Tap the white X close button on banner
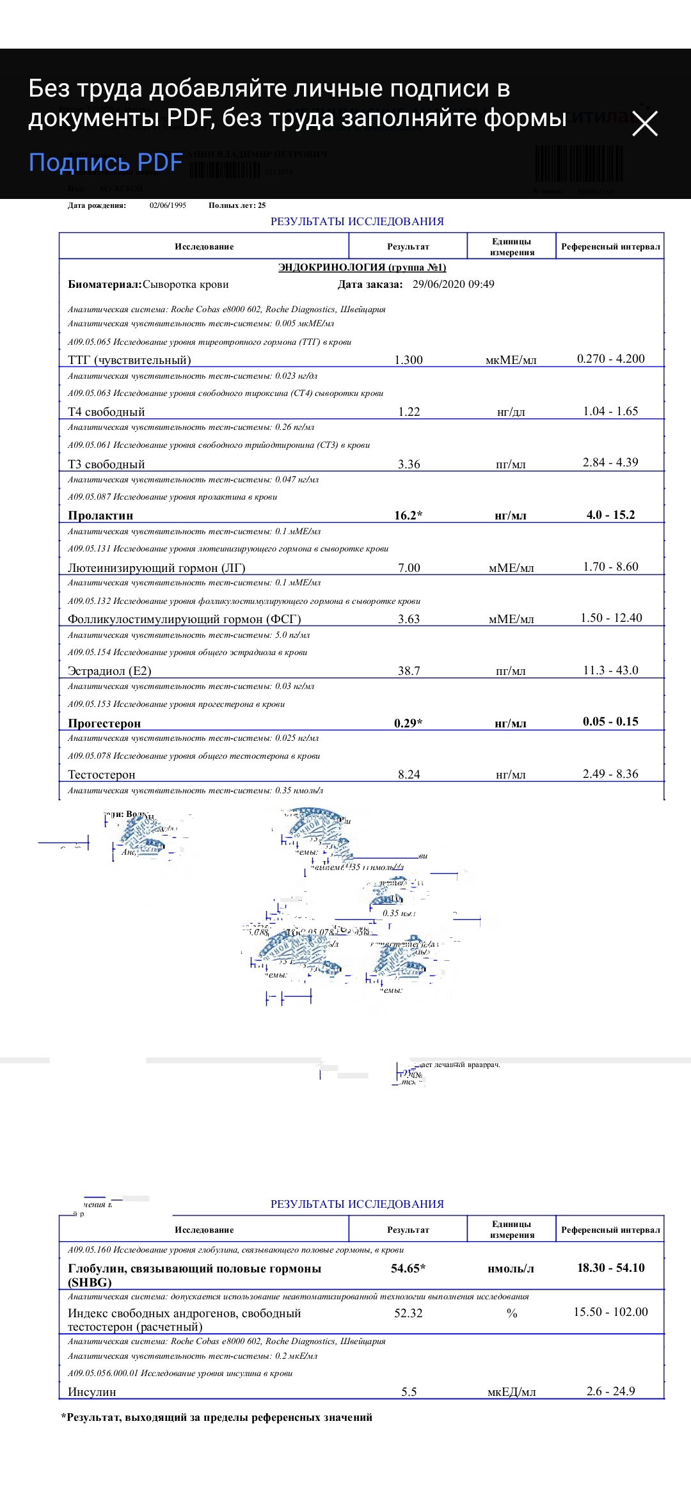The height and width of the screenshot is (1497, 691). pos(644,123)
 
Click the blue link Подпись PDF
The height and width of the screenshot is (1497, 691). pos(106,162)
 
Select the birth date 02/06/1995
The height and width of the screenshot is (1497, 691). pos(168,205)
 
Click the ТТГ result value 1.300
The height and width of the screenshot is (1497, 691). pos(408,360)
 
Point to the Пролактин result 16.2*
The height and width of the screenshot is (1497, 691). pos(408,515)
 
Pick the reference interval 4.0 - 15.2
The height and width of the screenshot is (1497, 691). pos(610,514)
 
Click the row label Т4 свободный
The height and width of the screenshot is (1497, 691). pos(106,411)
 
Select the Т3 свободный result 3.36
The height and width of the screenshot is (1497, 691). pos(409,464)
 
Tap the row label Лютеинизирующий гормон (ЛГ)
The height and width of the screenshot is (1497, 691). pos(157,567)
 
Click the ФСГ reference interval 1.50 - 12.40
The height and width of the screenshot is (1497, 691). pos(611,617)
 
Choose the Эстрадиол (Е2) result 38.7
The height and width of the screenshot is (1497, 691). pos(409,670)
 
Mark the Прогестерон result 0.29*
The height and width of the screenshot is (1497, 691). pos(408,723)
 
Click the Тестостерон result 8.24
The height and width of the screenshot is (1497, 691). pos(409,774)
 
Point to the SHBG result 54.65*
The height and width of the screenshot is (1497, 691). pos(408,1268)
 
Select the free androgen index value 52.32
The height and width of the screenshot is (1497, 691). pos(408,1313)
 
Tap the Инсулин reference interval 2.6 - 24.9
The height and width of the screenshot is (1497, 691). pos(610,1391)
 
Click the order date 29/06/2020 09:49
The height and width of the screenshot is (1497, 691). pos(453,284)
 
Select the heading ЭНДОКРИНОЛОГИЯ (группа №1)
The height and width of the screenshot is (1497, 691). pos(362,267)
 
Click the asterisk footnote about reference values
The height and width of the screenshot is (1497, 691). pos(217,1417)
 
